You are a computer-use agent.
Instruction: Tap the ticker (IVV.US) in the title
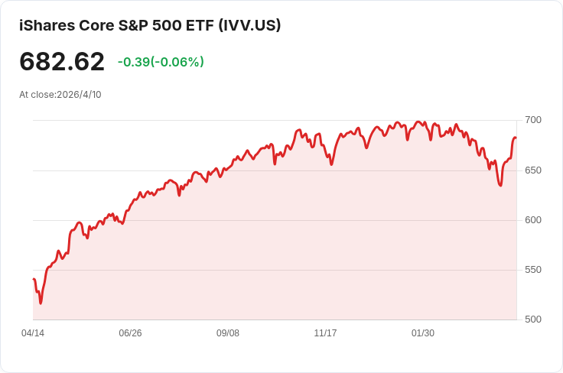249,25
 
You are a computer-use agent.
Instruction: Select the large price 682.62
62,61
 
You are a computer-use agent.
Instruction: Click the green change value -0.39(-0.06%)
161,62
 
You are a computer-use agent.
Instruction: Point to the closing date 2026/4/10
79,95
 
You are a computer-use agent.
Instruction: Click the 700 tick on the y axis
532,120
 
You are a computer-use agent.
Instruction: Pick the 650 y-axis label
532,170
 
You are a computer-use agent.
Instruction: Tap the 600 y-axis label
532,220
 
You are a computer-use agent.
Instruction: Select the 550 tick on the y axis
532,270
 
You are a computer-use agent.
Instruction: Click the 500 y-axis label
532,319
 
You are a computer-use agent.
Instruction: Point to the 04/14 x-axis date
33,333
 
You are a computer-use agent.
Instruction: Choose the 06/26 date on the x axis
130,333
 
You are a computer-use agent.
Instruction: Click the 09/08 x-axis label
228,333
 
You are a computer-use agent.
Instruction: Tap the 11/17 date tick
325,333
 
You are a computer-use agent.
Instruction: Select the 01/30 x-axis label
423,333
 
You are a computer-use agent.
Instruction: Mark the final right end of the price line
516,138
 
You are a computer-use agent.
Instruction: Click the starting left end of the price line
34,279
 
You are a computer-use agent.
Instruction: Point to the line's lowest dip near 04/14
41,303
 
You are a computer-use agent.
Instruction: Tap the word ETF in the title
200,25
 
